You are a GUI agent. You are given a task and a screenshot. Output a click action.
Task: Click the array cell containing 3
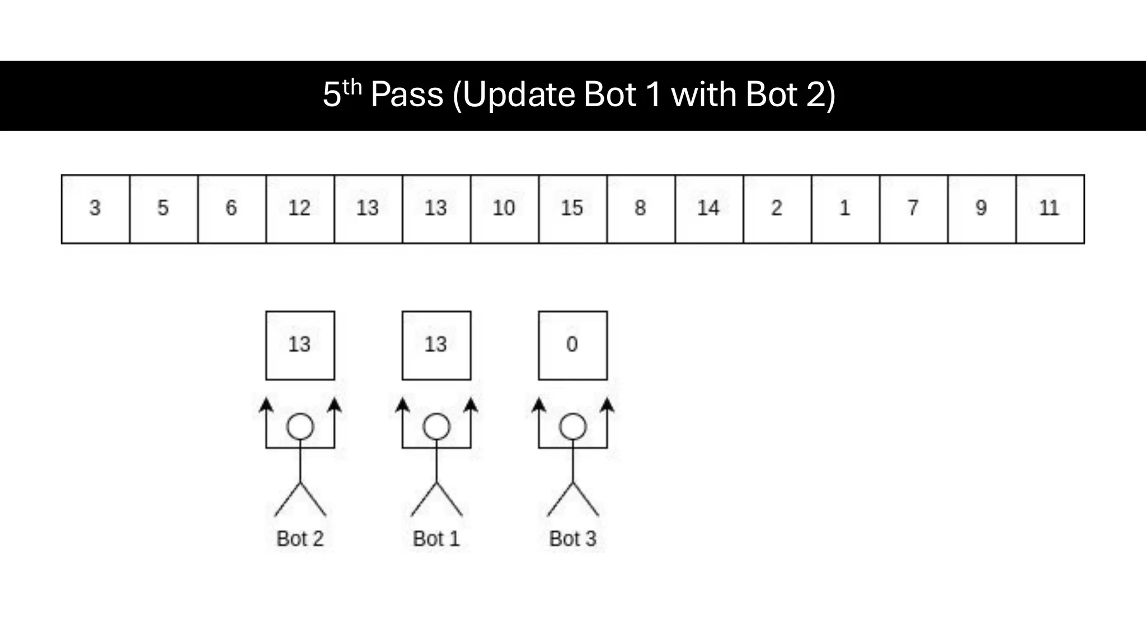(95, 209)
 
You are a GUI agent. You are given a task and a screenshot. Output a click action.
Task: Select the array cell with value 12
(300, 209)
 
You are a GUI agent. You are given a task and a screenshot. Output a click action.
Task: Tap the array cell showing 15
(572, 209)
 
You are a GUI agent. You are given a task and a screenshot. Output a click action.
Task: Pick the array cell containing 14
(709, 209)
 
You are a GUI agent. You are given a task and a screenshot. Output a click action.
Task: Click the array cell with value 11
(1050, 209)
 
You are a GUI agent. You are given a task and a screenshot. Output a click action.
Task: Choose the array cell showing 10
(504, 209)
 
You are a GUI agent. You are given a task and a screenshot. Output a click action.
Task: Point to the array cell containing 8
(641, 209)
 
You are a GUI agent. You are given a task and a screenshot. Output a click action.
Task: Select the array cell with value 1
(845, 209)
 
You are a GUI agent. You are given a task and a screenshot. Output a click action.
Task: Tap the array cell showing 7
(913, 209)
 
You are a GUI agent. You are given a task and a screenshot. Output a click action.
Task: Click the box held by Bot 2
(300, 345)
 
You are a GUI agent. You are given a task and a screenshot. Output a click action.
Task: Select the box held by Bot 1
(436, 345)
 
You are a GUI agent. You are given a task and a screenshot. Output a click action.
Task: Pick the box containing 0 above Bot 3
(572, 345)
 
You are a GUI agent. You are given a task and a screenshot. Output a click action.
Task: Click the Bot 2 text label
(300, 539)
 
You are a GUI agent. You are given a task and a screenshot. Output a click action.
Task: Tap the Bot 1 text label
(436, 539)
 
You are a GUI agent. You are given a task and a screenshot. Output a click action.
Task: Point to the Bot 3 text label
(572, 539)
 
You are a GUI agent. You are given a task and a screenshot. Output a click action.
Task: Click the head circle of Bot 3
(572, 427)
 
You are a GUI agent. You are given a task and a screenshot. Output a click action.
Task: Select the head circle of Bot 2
(300, 427)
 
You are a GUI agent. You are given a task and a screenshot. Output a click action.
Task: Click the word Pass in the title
(407, 94)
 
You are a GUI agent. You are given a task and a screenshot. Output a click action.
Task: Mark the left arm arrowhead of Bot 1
(402, 405)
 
